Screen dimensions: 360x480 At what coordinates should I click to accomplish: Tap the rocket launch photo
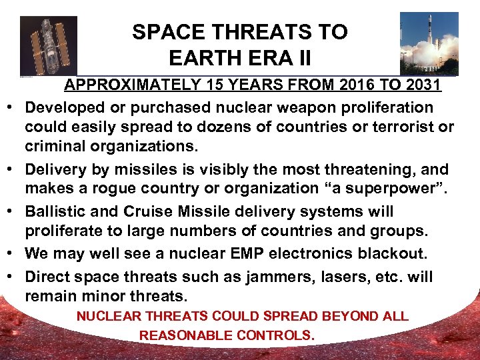click(429, 43)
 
